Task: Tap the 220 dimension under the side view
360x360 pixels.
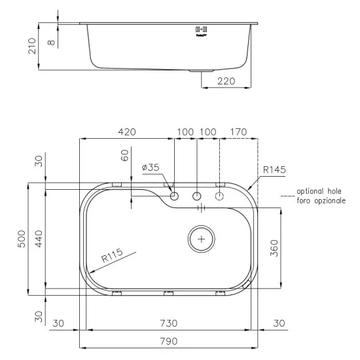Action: (x=225, y=82)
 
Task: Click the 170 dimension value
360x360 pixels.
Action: (x=238, y=132)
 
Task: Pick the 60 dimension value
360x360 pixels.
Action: (x=125, y=155)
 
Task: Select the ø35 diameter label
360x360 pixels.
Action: (x=150, y=168)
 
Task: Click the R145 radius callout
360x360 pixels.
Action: (x=274, y=170)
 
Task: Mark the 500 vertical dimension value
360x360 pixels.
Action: (x=22, y=239)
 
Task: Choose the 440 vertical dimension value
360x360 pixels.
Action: (x=39, y=239)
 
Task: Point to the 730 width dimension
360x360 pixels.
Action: (x=169, y=323)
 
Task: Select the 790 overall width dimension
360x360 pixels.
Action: (x=169, y=340)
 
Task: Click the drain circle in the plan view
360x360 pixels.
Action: (x=201, y=239)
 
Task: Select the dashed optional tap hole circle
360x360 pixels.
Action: (x=220, y=196)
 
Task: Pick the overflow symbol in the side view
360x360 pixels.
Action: (x=202, y=30)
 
